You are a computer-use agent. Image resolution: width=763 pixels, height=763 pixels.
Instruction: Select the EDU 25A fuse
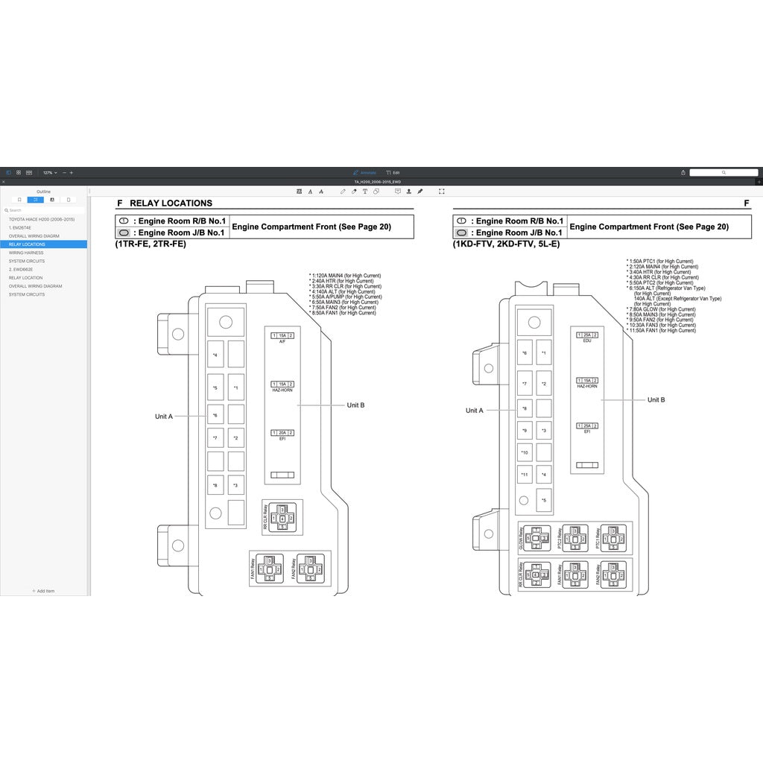pos(587,335)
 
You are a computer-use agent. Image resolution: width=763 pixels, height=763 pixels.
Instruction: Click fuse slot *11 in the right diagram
pos(525,475)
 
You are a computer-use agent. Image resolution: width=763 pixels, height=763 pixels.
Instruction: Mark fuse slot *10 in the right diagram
pos(525,452)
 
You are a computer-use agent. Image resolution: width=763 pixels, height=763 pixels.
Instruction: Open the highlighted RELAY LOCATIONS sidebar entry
pos(27,244)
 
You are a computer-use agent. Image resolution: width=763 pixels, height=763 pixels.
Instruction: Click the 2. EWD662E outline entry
pos(22,269)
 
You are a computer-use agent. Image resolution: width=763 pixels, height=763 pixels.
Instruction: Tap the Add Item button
pos(43,591)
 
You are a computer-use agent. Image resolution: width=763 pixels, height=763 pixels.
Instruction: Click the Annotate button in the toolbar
pos(364,172)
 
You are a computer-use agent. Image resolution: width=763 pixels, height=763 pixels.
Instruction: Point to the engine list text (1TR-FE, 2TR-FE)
pos(151,244)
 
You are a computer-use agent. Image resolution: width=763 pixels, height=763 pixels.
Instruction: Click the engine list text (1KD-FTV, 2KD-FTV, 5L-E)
pos(506,244)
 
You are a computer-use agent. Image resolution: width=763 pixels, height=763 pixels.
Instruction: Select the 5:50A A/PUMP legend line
pos(345,297)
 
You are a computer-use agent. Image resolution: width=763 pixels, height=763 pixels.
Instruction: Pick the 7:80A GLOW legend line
pos(662,309)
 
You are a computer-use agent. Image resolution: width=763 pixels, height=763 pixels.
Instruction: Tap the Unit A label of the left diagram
pos(163,417)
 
